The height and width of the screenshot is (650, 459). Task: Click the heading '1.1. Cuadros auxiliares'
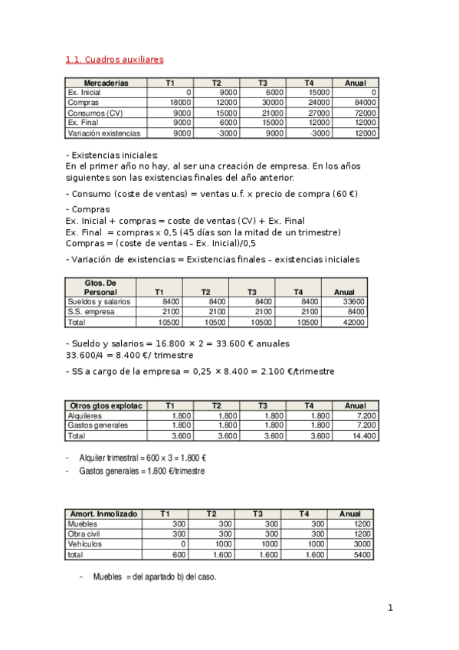114,59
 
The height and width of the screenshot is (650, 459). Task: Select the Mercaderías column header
106,83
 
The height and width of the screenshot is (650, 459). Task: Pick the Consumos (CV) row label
95,113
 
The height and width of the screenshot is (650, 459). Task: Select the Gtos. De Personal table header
100,287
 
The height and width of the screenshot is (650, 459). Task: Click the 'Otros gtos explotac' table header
106,405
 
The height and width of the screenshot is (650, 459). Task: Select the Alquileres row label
86,415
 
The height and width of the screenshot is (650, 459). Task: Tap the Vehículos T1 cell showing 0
183,543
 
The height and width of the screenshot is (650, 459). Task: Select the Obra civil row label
86,533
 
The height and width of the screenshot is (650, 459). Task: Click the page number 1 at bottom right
390,609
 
